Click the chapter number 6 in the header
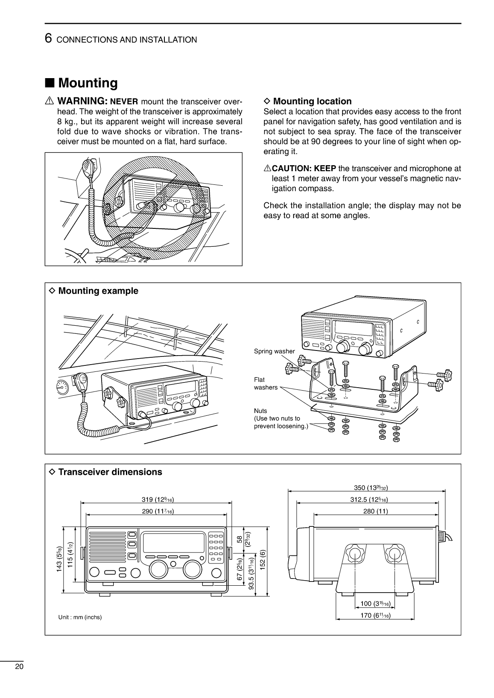[49, 39]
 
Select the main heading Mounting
[88, 82]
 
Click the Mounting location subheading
[312, 101]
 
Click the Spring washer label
[274, 351]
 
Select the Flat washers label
[265, 383]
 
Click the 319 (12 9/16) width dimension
[158, 499]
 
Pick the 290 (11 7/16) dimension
[158, 511]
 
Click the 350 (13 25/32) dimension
[371, 488]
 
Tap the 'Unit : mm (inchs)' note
[80, 617]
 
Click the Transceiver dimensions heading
[110, 472]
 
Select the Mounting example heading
[98, 291]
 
